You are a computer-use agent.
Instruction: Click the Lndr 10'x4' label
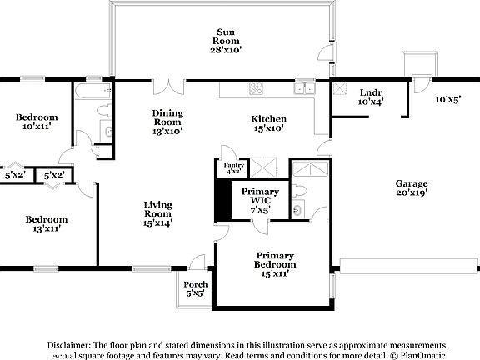tap(371, 97)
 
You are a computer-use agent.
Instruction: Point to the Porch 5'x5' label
tap(196, 289)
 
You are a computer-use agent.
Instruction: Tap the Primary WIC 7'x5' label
tap(260, 201)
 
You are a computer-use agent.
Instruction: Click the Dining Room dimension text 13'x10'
tap(167, 130)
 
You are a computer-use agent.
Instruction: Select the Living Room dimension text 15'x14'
tap(157, 222)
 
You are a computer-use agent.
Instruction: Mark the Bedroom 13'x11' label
tap(45, 224)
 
